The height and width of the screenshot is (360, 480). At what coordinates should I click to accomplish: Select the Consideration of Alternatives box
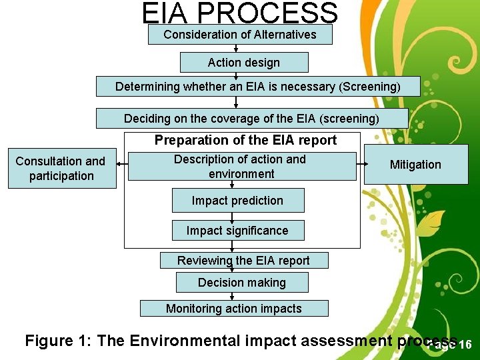click(x=240, y=35)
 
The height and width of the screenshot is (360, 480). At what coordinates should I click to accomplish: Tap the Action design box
click(x=244, y=63)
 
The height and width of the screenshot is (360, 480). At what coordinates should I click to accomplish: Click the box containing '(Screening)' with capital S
click(x=258, y=87)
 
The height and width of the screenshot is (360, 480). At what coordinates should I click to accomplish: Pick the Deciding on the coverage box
click(x=252, y=119)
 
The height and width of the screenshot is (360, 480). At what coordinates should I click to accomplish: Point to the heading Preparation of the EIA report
click(x=245, y=141)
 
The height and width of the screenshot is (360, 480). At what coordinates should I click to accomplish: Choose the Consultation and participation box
click(x=61, y=169)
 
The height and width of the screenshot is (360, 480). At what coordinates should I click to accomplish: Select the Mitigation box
click(x=415, y=165)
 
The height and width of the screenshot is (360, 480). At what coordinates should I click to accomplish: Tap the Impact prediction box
click(x=238, y=201)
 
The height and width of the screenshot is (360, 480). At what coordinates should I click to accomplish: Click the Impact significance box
click(x=238, y=231)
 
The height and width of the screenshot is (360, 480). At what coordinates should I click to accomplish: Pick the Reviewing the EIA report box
click(x=244, y=261)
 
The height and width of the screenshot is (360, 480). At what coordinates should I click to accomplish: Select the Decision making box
click(x=242, y=283)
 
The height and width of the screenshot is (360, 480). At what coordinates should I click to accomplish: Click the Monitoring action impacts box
click(x=234, y=309)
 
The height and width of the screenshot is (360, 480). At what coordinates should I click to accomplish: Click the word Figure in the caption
click(x=51, y=341)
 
